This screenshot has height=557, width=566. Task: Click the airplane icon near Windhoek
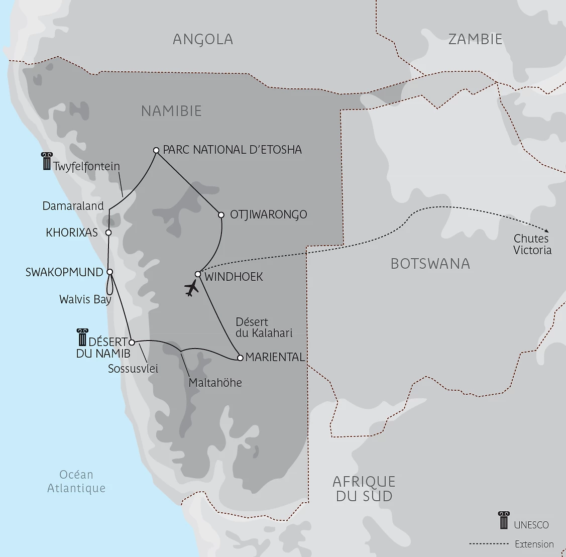pyautogui.click(x=191, y=288)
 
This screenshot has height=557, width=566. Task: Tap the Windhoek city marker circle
pyautogui.click(x=198, y=274)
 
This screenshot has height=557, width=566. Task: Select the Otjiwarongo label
pyautogui.click(x=268, y=215)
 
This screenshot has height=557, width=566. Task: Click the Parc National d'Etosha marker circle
pyautogui.click(x=156, y=150)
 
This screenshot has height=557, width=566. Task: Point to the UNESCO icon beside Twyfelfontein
pyautogui.click(x=47, y=161)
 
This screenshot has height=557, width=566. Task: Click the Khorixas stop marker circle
pyautogui.click(x=108, y=233)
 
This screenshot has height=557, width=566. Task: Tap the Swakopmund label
pyautogui.click(x=64, y=272)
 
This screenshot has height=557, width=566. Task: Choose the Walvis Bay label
pyautogui.click(x=85, y=299)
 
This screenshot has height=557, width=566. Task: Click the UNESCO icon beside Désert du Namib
pyautogui.click(x=82, y=337)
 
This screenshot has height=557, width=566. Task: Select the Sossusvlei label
pyautogui.click(x=133, y=369)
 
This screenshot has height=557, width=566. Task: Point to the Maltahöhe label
pyautogui.click(x=215, y=383)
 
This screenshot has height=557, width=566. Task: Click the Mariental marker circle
pyautogui.click(x=240, y=358)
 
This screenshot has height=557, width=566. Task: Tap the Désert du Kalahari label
pyautogui.click(x=264, y=327)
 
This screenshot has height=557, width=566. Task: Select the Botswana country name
pyautogui.click(x=430, y=264)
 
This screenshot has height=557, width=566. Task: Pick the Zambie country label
pyautogui.click(x=475, y=39)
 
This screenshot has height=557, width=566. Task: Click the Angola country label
pyautogui.click(x=203, y=39)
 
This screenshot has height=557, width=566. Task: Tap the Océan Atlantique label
pyautogui.click(x=76, y=481)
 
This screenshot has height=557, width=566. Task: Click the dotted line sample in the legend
pyautogui.click(x=489, y=544)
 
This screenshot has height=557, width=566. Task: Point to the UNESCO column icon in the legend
pyautogui.click(x=503, y=520)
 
